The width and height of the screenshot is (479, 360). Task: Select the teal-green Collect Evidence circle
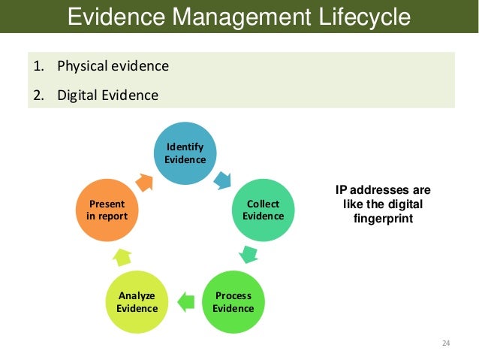click(x=264, y=210)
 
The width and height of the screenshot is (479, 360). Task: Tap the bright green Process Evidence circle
click(x=233, y=301)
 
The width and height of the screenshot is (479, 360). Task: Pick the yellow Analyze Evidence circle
click(x=137, y=301)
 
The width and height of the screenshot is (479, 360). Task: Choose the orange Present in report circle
click(x=107, y=210)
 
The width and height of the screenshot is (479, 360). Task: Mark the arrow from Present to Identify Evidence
click(x=144, y=180)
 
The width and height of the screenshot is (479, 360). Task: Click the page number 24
click(x=445, y=343)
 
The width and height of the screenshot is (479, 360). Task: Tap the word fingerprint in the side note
click(x=382, y=219)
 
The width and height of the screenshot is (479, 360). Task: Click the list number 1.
click(x=36, y=66)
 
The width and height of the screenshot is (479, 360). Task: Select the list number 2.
click(x=37, y=95)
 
